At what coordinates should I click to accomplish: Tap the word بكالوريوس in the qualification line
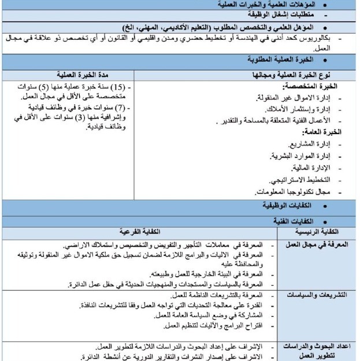click(332, 39)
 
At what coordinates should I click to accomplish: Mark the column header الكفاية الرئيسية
click(321, 230)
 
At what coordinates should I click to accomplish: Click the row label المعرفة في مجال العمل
click(321, 243)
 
